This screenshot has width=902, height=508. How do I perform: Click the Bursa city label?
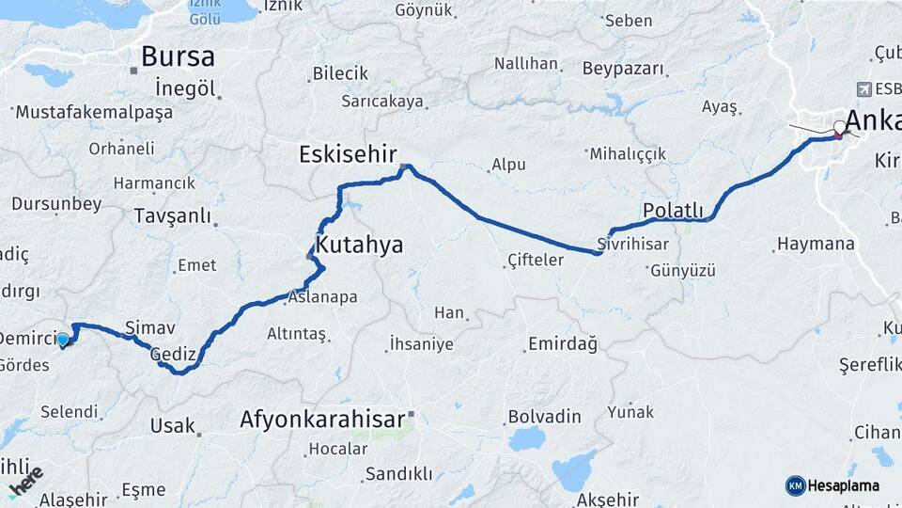pyautogui.click(x=179, y=56)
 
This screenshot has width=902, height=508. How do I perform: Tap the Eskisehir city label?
pyautogui.click(x=349, y=153)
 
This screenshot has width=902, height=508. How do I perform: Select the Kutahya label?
pyautogui.click(x=360, y=246)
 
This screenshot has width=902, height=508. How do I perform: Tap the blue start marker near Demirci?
pyautogui.click(x=63, y=340)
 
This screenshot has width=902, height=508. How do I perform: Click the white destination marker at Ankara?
pyautogui.click(x=839, y=127)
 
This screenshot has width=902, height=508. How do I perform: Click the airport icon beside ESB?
pyautogui.click(x=863, y=89)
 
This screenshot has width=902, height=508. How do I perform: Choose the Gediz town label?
pyautogui.click(x=172, y=354)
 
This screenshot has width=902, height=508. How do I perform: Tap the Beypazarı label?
pyautogui.click(x=623, y=69)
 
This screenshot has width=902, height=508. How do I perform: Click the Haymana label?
pyautogui.click(x=816, y=245)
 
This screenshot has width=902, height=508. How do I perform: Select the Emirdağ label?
pyautogui.click(x=563, y=344)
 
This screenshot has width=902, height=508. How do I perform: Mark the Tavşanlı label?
pyautogui.click(x=173, y=215)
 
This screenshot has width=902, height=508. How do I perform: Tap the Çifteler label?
pyautogui.click(x=535, y=260)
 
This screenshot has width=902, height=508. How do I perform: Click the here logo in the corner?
pyautogui.click(x=25, y=481)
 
